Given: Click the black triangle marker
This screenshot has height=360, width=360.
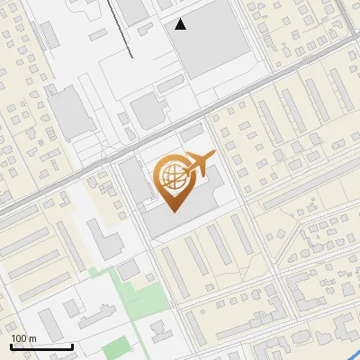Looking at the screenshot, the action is pos(181,24).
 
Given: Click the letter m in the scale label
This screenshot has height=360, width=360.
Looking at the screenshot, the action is pos(33,338).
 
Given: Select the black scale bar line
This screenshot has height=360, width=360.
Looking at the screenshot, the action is pos(41,346).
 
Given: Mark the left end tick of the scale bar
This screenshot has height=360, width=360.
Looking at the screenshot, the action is pos(11,345).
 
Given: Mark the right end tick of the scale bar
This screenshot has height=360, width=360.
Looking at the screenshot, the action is pos(72,345).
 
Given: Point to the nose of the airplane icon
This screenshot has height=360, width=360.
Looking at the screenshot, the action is pos(214,156).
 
